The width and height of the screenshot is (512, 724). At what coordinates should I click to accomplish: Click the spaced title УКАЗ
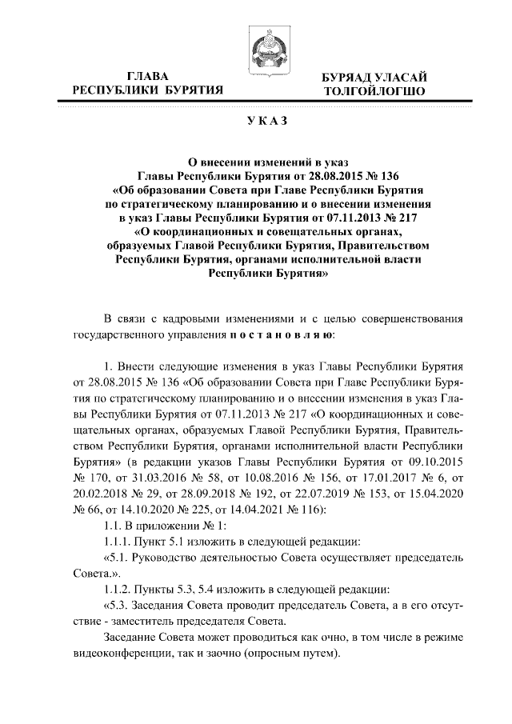256,122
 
